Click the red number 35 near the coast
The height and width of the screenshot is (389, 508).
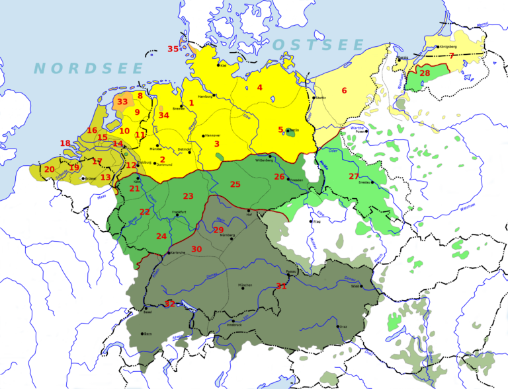[x=173, y=49]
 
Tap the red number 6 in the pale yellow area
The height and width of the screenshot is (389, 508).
[x=344, y=90]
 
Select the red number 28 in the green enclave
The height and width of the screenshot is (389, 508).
[x=425, y=73]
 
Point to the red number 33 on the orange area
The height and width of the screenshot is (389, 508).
[x=122, y=102]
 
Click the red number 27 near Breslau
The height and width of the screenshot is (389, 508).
[x=354, y=176]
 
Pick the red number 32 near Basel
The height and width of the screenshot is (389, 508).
[x=170, y=304]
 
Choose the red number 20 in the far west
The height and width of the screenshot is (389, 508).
[x=49, y=170]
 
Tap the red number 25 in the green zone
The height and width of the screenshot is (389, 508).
[x=235, y=184]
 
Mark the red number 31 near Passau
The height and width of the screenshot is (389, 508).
[x=282, y=286]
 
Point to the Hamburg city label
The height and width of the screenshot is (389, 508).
[x=204, y=96]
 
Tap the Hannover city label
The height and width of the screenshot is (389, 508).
[x=213, y=135]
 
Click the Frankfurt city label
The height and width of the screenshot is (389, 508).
[x=179, y=211]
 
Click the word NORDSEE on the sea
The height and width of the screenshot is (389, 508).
[x=89, y=69]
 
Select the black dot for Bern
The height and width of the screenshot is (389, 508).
[x=142, y=334]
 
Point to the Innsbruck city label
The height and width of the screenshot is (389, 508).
[x=235, y=325]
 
